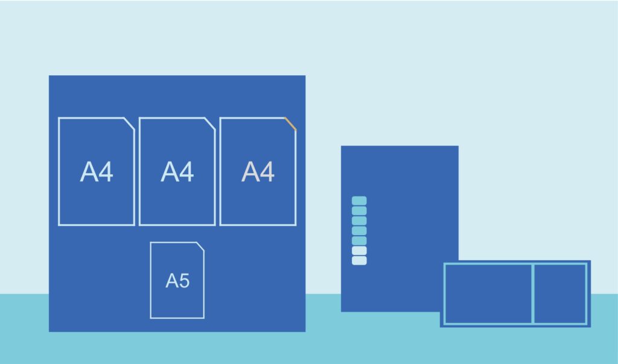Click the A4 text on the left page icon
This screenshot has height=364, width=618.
[97, 172]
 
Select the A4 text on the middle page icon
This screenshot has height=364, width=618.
[177, 172]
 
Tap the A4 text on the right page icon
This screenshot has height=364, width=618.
[258, 172]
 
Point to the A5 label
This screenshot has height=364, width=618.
[178, 281]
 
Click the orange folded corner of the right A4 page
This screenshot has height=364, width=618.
[290, 124]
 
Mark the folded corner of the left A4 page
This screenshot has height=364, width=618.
[129, 124]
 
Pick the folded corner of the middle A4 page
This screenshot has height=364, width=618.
[210, 124]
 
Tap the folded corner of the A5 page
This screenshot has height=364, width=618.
[200, 246]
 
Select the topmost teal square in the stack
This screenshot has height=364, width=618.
[359, 201]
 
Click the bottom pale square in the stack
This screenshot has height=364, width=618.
[359, 260]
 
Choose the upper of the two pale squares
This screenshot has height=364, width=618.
[359, 251]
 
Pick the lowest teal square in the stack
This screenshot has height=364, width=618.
[359, 240]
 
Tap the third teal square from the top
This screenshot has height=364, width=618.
[359, 221]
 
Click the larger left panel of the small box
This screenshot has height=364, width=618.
[488, 293]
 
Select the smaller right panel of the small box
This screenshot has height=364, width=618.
[560, 293]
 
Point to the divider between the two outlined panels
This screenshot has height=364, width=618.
[533, 293]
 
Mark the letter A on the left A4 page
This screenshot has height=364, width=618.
[89, 172]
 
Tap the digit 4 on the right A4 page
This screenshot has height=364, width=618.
[267, 172]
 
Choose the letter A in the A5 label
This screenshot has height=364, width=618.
[172, 281]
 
